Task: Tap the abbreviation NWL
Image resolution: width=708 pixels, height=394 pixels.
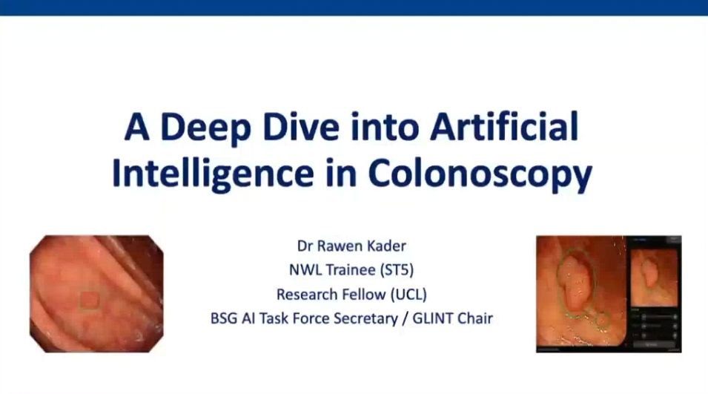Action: [304, 269]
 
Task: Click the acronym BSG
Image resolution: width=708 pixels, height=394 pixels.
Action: [225, 318]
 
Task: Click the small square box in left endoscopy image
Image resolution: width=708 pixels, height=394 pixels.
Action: [89, 299]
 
